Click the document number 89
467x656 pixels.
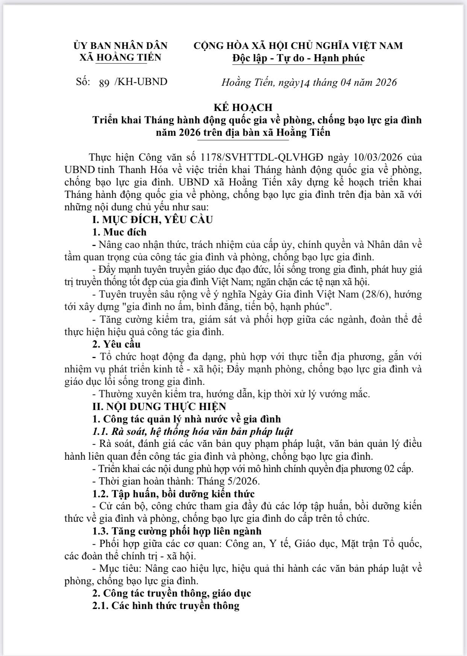[104, 83]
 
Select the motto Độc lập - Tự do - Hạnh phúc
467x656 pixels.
[298, 58]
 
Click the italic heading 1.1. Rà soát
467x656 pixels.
[193, 431]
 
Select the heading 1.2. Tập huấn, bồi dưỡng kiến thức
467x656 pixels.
[173, 494]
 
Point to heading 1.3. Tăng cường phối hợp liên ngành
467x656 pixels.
[177, 531]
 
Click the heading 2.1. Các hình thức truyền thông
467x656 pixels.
[165, 606]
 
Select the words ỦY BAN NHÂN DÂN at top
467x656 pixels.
[120, 46]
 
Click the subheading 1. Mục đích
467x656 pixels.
[119, 232]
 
